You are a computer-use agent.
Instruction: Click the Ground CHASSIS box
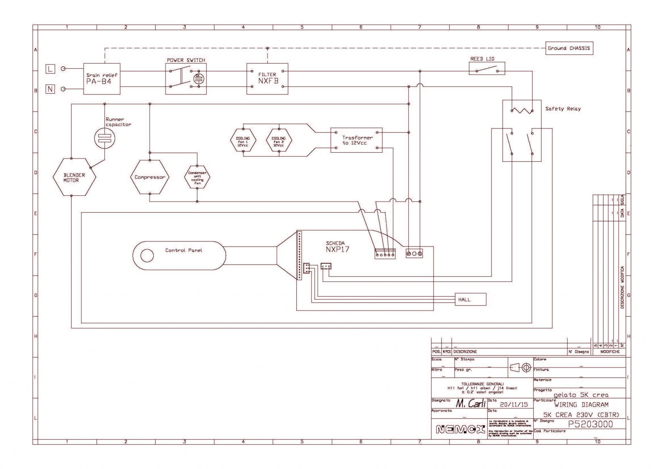(x=569, y=48)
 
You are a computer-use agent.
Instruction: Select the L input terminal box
(x=50, y=69)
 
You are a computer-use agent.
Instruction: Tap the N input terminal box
(x=50, y=89)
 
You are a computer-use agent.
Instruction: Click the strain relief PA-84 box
(x=102, y=79)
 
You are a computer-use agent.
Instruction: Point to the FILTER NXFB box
(x=267, y=79)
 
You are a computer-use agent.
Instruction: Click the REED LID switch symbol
(x=487, y=69)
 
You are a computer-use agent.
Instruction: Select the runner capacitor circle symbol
(x=104, y=138)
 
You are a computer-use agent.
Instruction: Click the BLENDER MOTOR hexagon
(x=74, y=177)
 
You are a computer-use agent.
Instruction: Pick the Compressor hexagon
(x=150, y=177)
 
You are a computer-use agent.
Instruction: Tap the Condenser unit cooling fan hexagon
(x=197, y=178)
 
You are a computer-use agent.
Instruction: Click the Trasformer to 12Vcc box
(x=356, y=140)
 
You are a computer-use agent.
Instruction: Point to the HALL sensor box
(x=470, y=299)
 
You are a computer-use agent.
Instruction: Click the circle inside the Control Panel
(x=147, y=255)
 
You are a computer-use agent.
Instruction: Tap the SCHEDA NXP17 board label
(x=337, y=247)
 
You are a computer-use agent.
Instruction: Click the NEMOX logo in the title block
(x=460, y=430)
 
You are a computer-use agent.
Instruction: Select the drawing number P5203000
(x=591, y=424)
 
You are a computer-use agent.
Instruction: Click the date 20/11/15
(x=514, y=405)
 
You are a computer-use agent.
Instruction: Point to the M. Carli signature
(x=470, y=404)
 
